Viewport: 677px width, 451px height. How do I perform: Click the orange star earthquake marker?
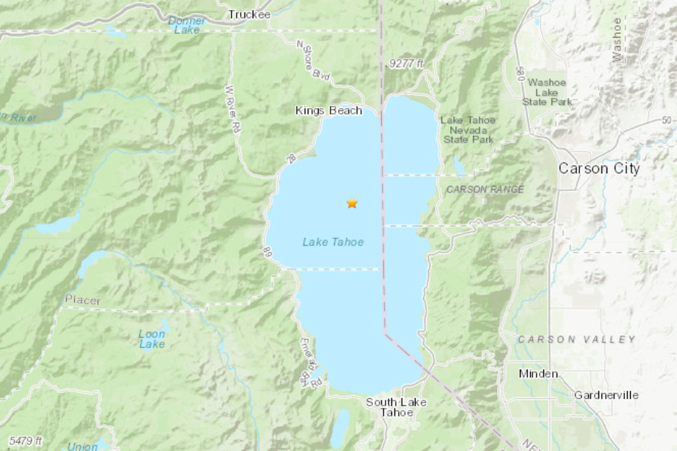[352, 203]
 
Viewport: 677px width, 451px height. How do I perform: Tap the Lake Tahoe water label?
[333, 242]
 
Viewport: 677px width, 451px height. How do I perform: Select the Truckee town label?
[249, 15]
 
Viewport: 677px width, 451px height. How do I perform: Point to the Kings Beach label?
[328, 111]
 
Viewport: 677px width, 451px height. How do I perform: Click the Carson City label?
[599, 168]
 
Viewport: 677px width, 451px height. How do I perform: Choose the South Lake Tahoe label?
[397, 407]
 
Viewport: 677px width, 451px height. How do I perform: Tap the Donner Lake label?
[187, 25]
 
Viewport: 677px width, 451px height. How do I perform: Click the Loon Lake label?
[152, 339]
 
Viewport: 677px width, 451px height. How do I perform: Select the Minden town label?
[537, 373]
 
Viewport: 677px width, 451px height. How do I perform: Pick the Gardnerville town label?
[606, 394]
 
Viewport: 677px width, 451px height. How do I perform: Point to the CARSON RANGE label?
[485, 190]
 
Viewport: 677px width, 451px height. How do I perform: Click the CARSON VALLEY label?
[576, 339]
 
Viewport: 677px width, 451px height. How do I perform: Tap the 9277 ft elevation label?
[407, 65]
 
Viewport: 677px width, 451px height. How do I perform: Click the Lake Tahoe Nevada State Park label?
[468, 129]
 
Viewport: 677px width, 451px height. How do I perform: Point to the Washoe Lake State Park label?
[547, 92]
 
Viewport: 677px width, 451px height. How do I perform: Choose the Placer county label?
[82, 300]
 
